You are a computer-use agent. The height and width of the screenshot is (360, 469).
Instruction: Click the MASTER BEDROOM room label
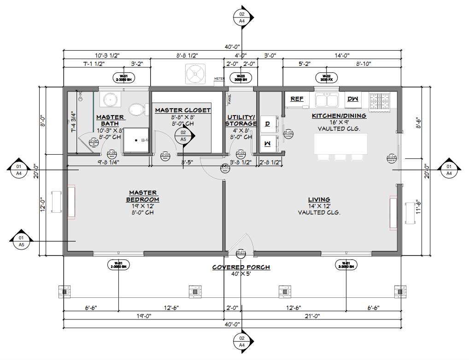(143, 196)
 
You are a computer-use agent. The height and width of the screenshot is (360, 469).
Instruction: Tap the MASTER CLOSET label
(183, 110)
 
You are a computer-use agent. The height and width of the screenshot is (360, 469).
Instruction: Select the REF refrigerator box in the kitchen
(297, 99)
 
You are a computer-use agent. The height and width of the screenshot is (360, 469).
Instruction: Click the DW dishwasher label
(353, 99)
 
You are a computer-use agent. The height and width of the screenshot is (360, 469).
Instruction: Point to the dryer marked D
(268, 123)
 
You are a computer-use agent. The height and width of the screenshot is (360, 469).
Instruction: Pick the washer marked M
(268, 143)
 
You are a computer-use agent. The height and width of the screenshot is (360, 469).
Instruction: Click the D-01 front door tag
(241, 252)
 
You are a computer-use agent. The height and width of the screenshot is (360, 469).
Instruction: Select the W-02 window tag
(326, 77)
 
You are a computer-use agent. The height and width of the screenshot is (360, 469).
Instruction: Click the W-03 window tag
(240, 77)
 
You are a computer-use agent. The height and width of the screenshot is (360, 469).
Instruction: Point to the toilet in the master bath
(136, 110)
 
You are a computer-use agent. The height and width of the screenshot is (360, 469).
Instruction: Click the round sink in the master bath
(110, 99)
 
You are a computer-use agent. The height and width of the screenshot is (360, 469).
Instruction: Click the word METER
(220, 79)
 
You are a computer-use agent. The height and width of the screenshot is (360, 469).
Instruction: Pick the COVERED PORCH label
(241, 267)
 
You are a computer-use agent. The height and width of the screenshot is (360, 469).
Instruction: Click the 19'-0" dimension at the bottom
(144, 316)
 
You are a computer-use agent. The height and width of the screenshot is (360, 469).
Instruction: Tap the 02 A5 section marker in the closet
(183, 135)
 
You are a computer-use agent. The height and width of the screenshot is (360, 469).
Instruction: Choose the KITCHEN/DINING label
(339, 116)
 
